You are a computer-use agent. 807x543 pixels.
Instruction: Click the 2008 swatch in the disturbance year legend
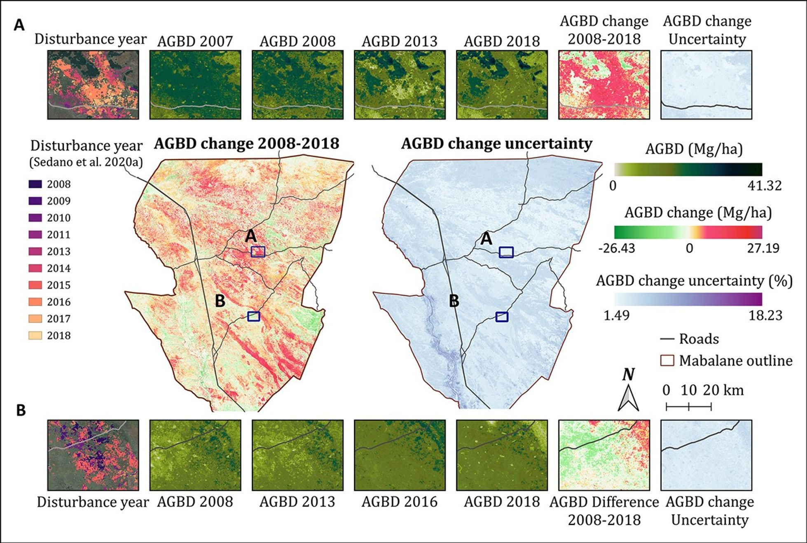(x=35, y=184)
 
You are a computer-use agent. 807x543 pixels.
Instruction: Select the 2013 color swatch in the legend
(x=35, y=251)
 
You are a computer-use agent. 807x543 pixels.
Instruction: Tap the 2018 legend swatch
(x=35, y=336)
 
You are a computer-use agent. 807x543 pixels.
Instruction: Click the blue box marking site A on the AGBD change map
(x=258, y=252)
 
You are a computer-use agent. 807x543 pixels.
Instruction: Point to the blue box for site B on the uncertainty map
(x=501, y=317)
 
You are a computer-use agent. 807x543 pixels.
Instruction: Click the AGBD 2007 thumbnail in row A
(x=195, y=85)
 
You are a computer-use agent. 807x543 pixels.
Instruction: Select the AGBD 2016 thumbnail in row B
(x=400, y=455)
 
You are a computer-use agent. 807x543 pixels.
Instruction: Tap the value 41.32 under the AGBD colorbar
(x=764, y=186)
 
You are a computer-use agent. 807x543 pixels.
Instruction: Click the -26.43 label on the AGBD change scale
(x=617, y=248)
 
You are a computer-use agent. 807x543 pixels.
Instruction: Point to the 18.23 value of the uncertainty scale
(x=765, y=315)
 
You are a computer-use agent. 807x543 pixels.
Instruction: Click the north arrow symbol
(x=628, y=397)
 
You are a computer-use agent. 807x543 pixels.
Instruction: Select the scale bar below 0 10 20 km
(x=688, y=407)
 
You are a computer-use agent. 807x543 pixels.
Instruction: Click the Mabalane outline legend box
(x=667, y=361)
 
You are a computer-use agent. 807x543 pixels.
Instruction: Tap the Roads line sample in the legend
(x=667, y=339)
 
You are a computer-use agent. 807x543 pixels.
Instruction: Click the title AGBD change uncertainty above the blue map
(x=496, y=144)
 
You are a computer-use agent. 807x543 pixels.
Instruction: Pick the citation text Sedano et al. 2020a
(x=86, y=162)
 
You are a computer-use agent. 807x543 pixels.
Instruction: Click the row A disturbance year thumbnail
(x=93, y=85)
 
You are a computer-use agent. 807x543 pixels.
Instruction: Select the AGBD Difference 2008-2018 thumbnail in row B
(x=604, y=455)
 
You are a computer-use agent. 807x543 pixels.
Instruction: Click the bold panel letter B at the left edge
(x=21, y=410)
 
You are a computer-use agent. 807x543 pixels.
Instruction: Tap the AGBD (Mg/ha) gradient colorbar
(x=688, y=170)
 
